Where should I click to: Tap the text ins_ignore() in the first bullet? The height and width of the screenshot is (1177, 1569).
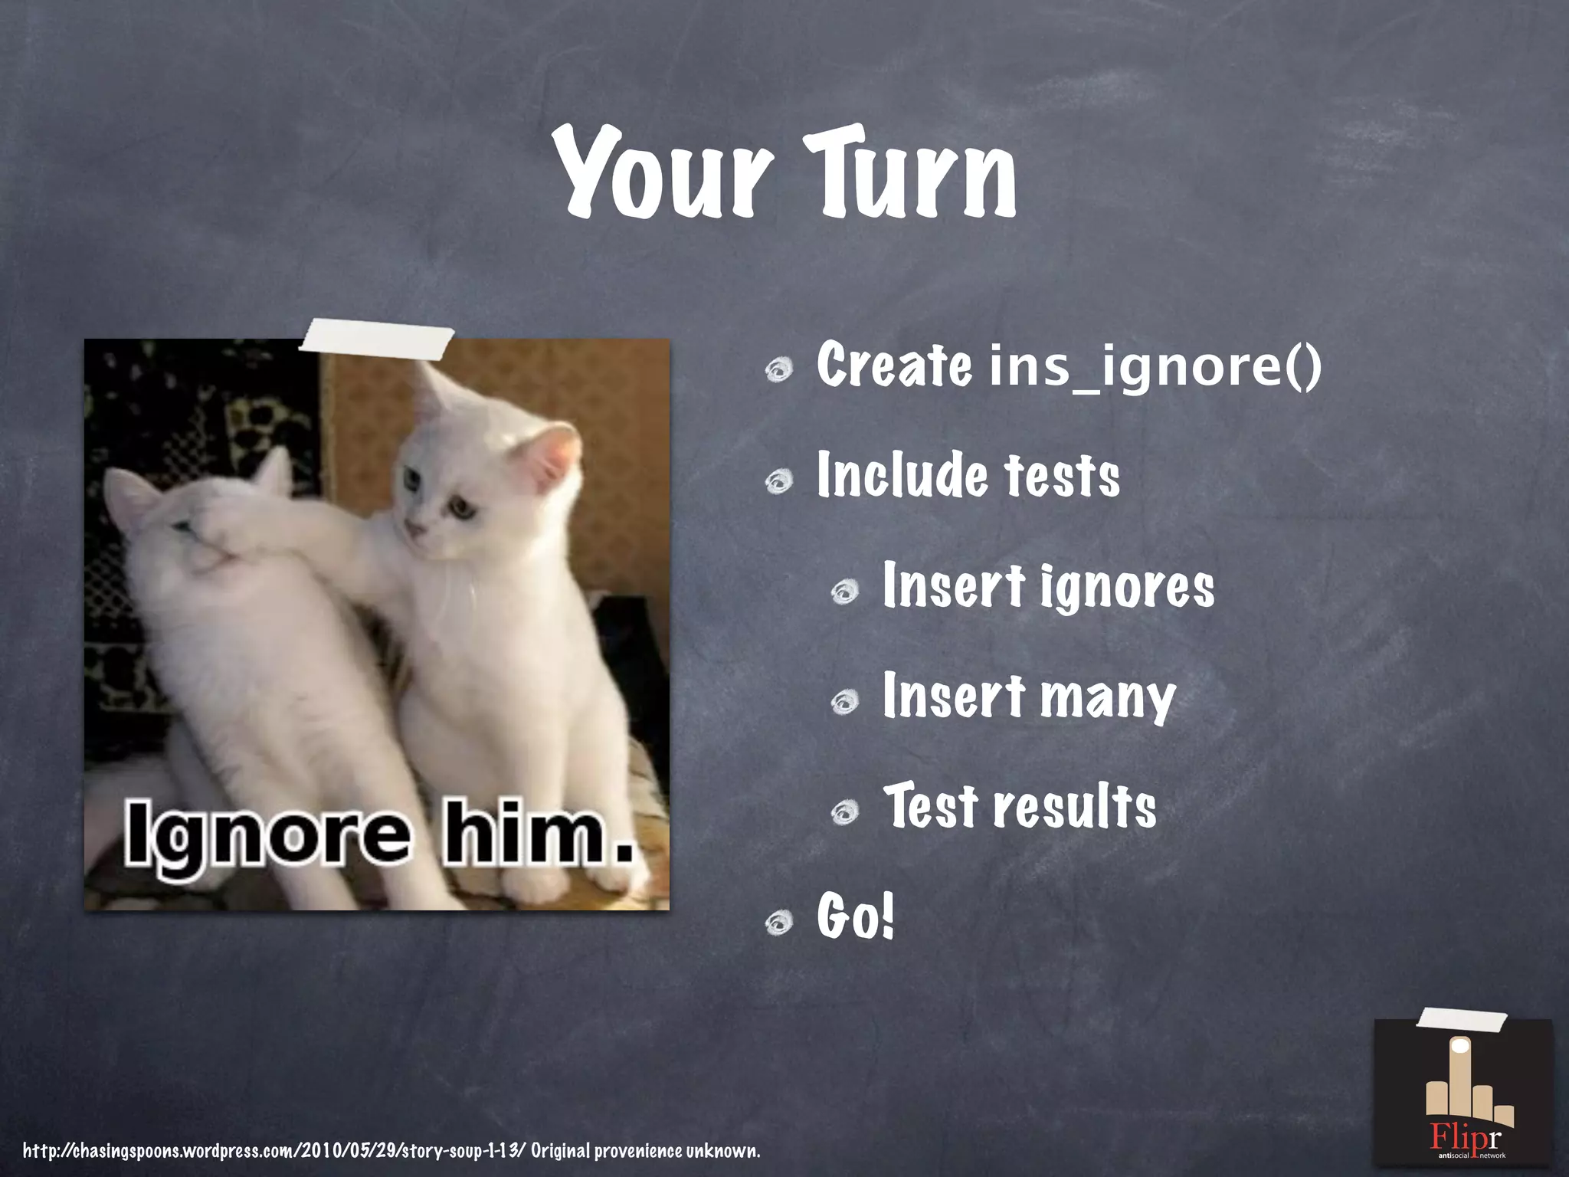[x=1155, y=366]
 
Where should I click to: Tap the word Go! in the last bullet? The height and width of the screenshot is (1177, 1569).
[x=855, y=916]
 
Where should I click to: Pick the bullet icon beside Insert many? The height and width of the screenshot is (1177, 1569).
[x=845, y=702]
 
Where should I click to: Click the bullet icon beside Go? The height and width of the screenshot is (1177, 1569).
[x=779, y=923]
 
